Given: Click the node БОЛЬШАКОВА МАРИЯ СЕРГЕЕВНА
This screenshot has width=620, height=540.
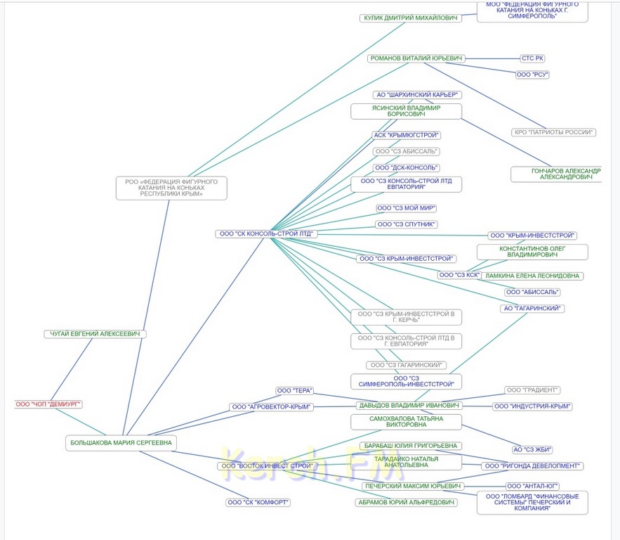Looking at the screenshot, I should coord(121,443).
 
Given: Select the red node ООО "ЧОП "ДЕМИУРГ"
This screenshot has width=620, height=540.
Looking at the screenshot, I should coord(49,404).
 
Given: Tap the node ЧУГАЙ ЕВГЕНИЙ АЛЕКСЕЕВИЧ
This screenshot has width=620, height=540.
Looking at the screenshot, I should coord(94,334).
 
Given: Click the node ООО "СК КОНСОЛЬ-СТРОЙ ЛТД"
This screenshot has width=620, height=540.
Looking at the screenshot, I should coord(265,233).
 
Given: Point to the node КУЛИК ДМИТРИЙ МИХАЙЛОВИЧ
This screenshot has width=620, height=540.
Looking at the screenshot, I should coord(411,18).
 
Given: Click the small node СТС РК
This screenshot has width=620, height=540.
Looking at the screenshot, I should coord(532,58).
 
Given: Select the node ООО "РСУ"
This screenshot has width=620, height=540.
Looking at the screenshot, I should coord(532,74).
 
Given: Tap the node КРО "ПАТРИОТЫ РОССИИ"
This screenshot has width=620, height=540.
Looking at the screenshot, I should coord(554,132).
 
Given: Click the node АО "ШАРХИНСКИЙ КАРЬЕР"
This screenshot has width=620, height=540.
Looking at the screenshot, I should coord(416,94).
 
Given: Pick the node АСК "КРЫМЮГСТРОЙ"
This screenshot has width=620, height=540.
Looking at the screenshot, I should coord(407,135).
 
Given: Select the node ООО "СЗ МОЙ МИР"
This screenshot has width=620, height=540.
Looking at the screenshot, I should coord(407,208).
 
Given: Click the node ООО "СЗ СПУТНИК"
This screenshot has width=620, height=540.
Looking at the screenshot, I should coord(407,224).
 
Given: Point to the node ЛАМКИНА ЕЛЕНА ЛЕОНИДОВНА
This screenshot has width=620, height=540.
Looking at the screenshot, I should coord(534,276).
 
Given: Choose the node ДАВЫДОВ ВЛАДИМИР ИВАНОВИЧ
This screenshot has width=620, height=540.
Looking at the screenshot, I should coord(409,406).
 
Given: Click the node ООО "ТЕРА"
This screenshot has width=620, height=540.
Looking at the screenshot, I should coord(293,390).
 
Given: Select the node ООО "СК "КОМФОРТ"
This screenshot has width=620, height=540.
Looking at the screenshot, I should coord(258,503).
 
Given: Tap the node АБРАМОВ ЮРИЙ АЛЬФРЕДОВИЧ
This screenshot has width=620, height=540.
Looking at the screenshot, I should coord(407,503).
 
